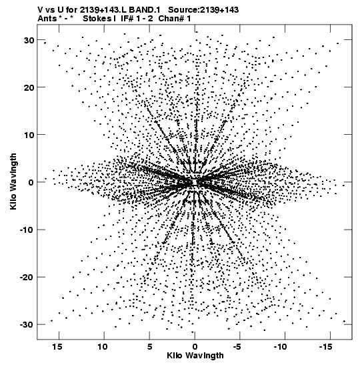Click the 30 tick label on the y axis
pyautogui.click(x=29, y=40)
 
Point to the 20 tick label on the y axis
pyautogui.click(x=29, y=87)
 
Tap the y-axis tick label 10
pyautogui.click(x=29, y=135)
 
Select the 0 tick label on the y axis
pyautogui.click(x=31, y=182)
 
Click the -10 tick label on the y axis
pyautogui.click(x=27, y=230)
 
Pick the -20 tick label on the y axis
pyautogui.click(x=27, y=277)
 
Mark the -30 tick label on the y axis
pyautogui.click(x=27, y=325)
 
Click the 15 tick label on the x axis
pyautogui.click(x=57, y=347)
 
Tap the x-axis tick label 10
pyautogui.click(x=103, y=347)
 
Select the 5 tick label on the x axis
pyautogui.click(x=150, y=347)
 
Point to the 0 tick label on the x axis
pyautogui.click(x=195, y=347)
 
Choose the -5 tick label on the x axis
pyautogui.click(x=237, y=347)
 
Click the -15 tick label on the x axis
pyautogui.click(x=325, y=347)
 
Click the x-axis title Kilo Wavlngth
pyautogui.click(x=195, y=356)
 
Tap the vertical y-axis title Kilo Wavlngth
pyautogui.click(x=13, y=181)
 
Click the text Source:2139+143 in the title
pyautogui.click(x=203, y=10)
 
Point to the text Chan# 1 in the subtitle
pyautogui.click(x=175, y=19)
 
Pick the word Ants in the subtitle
pyautogui.click(x=47, y=19)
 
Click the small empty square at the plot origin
pyautogui.click(x=195, y=182)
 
